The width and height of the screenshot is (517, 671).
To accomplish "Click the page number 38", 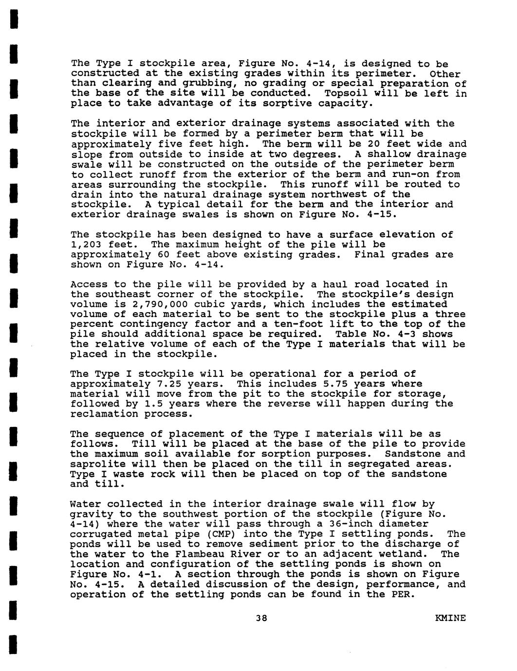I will point(261,618).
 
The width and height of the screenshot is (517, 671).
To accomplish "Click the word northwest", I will point(342,194).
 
